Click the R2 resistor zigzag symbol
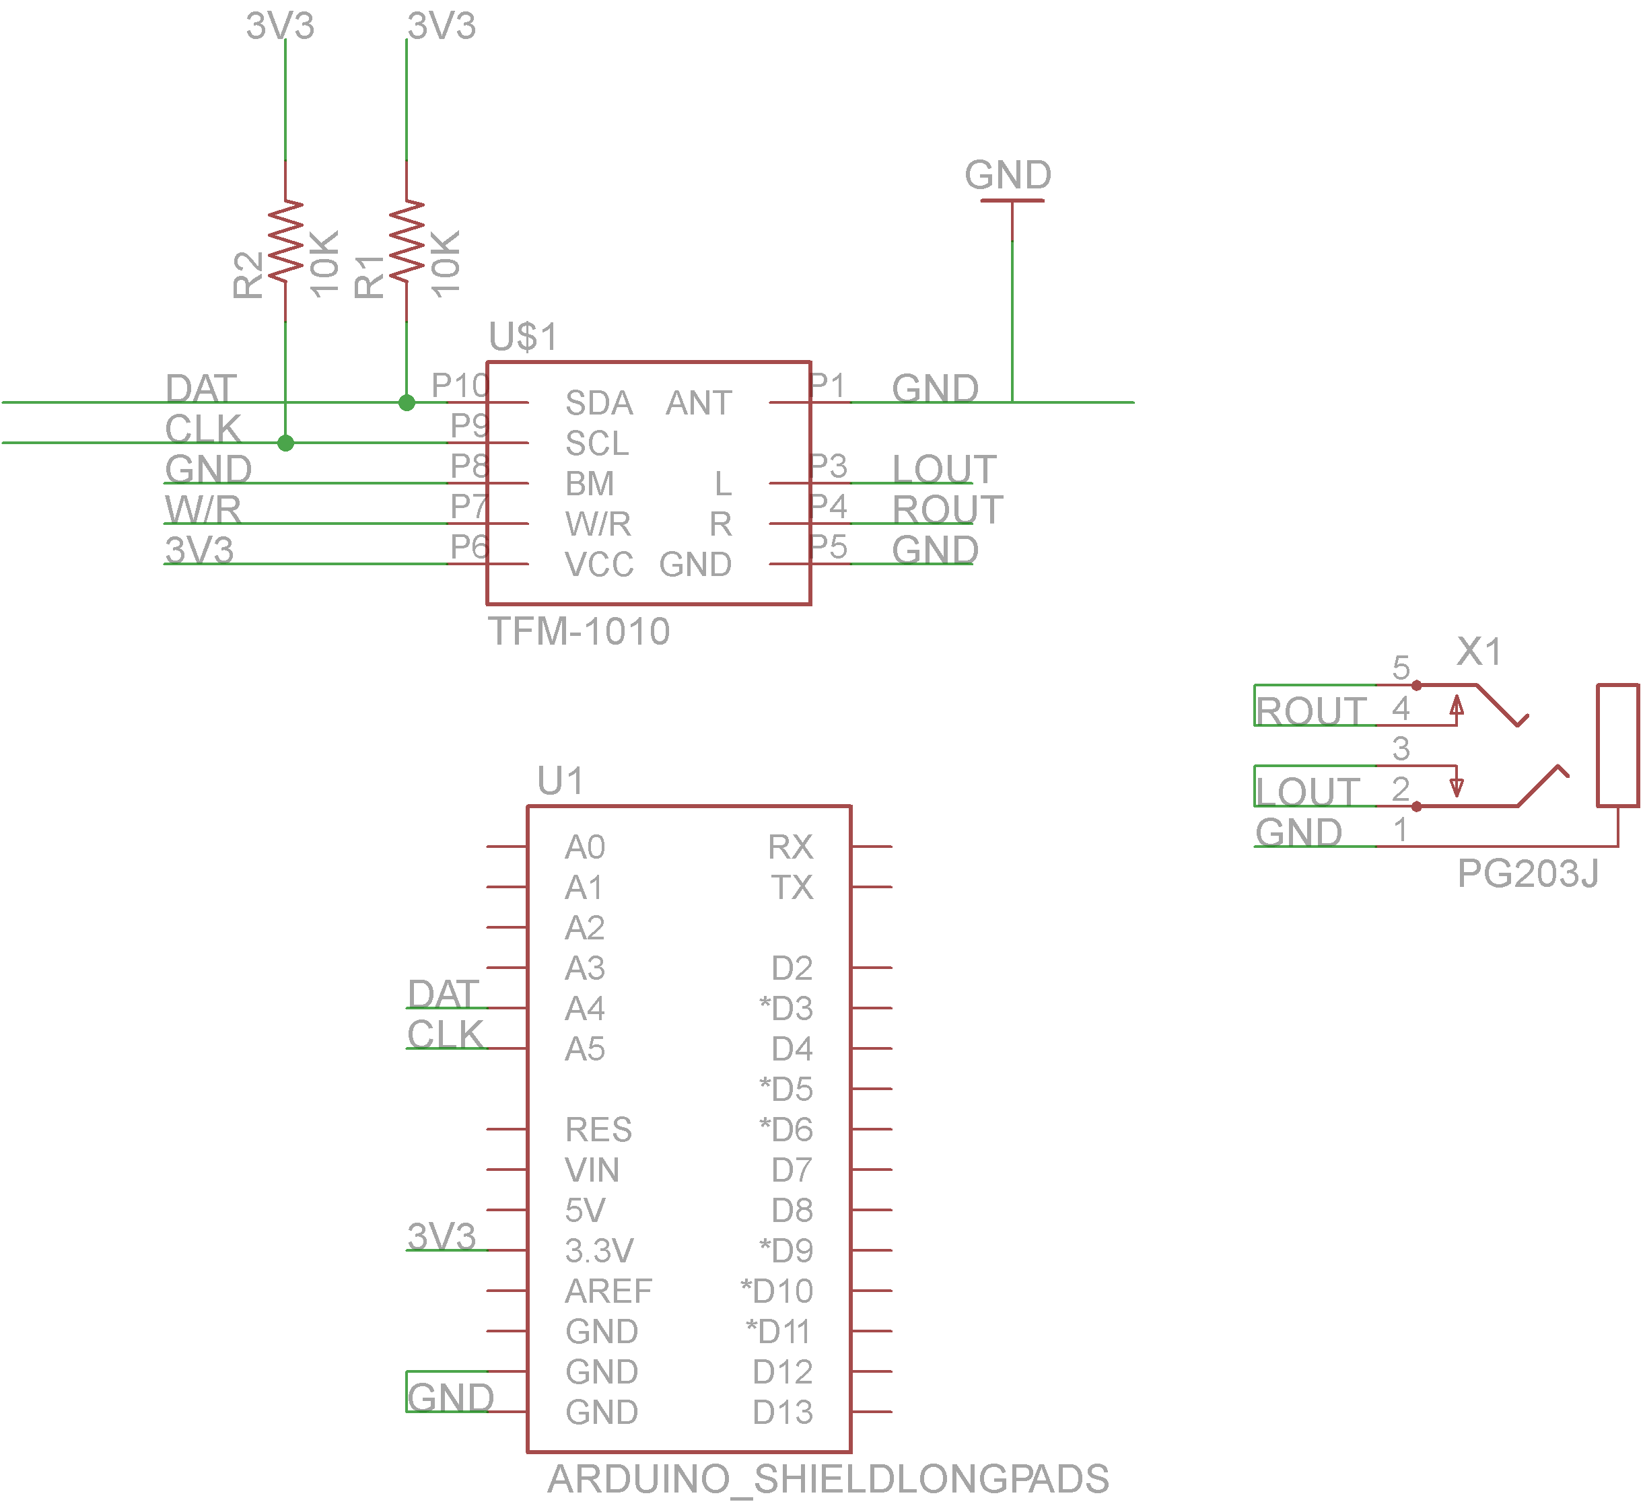(x=285, y=242)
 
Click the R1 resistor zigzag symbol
(x=407, y=242)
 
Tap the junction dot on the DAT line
(x=407, y=402)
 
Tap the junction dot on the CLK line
(x=285, y=443)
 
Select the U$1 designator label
(x=523, y=336)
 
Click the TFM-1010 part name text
(x=579, y=631)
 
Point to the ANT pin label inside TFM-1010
(x=699, y=403)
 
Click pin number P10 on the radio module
(x=460, y=385)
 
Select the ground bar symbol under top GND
(x=1012, y=200)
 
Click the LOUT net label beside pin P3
(x=944, y=469)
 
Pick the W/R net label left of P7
(x=203, y=510)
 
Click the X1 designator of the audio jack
(x=1479, y=652)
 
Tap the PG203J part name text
(x=1527, y=874)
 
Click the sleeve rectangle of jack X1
(x=1617, y=745)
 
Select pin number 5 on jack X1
(x=1401, y=668)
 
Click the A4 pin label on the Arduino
(x=584, y=1009)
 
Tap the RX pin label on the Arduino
(x=790, y=847)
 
